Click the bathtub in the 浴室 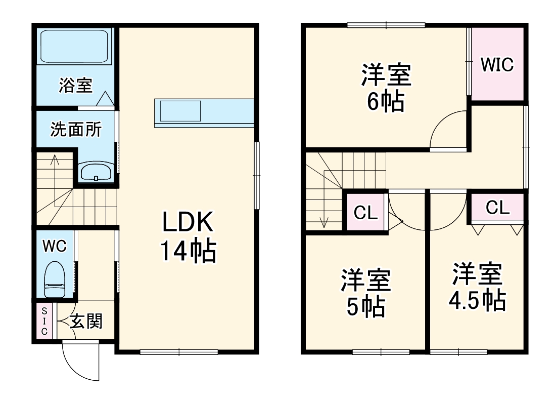(x=75, y=47)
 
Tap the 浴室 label (x=75, y=86)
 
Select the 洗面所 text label (x=75, y=130)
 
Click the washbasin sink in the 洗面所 (x=96, y=172)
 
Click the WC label (x=54, y=247)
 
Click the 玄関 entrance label (x=86, y=321)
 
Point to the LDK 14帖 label (x=189, y=236)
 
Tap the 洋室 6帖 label (x=386, y=88)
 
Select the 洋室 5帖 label (x=365, y=293)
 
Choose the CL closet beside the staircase (x=365, y=212)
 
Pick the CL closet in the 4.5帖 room (x=498, y=207)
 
